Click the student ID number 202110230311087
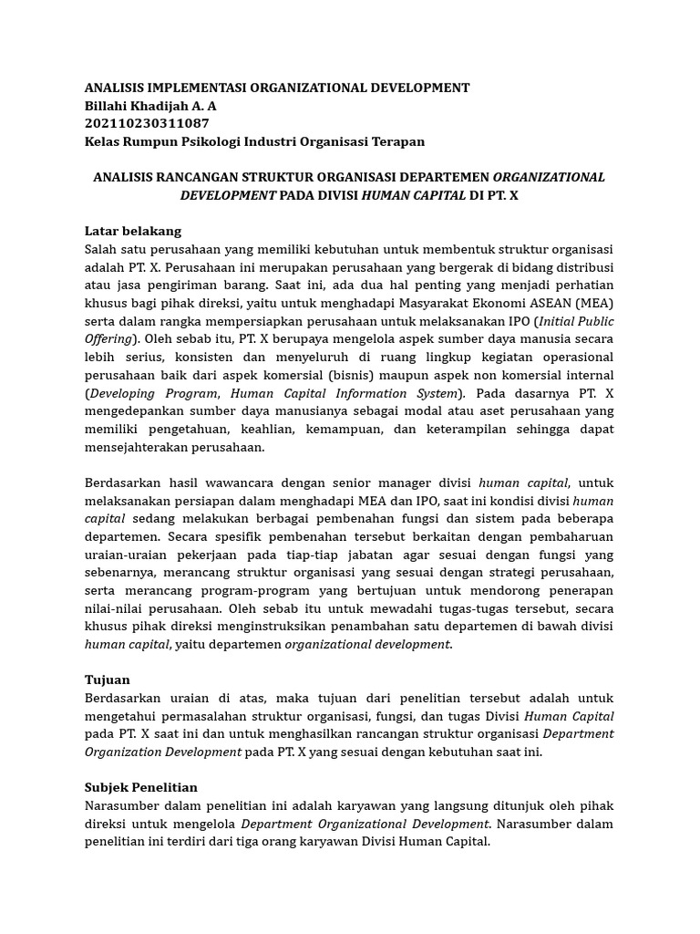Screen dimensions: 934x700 pyautogui.click(x=147, y=123)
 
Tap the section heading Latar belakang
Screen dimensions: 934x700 pyautogui.click(x=132, y=231)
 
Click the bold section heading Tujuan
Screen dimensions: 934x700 pyautogui.click(x=107, y=680)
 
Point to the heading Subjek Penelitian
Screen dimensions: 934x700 pyautogui.click(x=140, y=787)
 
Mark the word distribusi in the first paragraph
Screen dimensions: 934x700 pyautogui.click(x=582, y=267)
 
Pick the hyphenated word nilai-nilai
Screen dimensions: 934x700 pyautogui.click(x=117, y=608)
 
